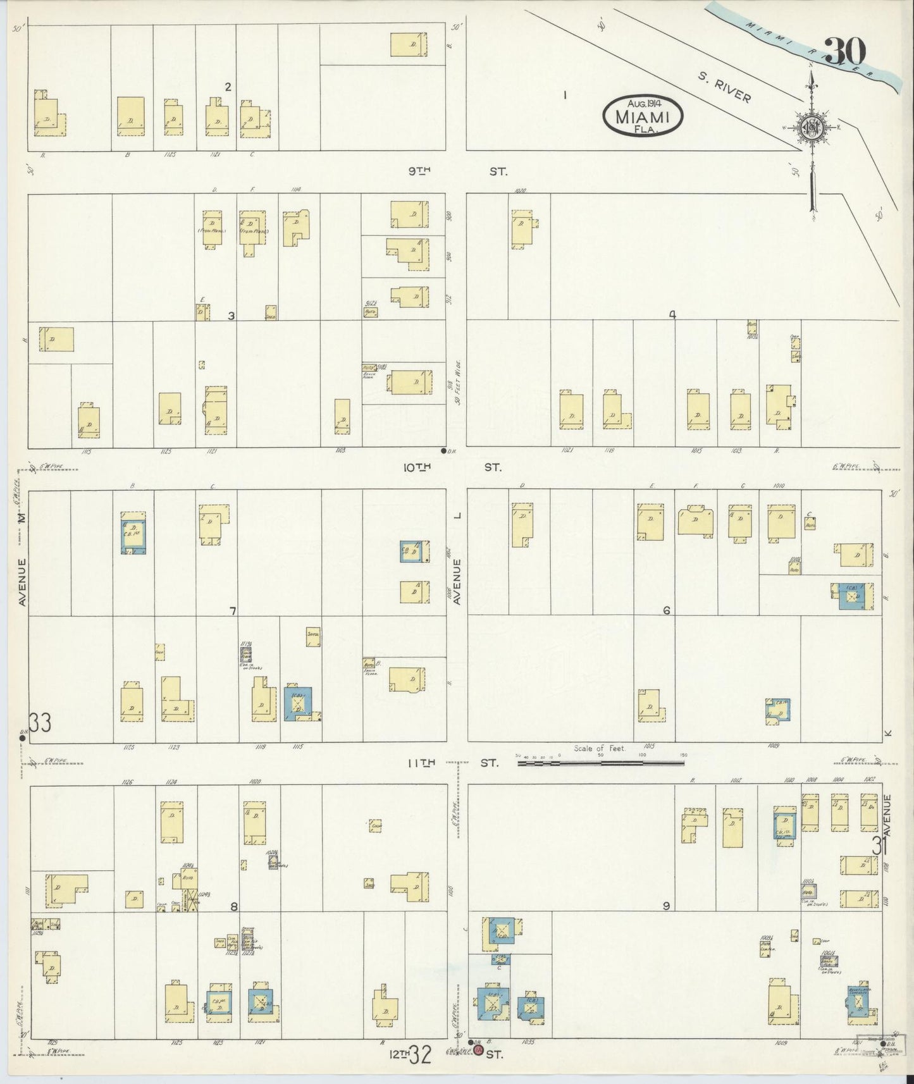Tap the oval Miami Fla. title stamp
tap(643, 115)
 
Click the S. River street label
tap(724, 86)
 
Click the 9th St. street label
tap(455, 171)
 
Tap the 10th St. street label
tap(452, 467)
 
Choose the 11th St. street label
tap(452, 763)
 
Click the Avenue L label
tap(459, 557)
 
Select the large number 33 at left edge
tap(40, 723)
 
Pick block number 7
tap(233, 611)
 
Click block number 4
tap(672, 314)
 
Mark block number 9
tap(666, 906)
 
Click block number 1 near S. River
tap(564, 95)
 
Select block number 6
tap(666, 610)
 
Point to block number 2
tap(228, 87)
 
